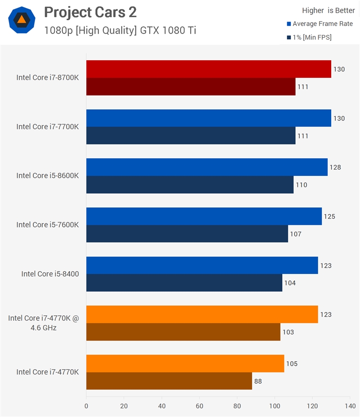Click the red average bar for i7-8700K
click(209, 69)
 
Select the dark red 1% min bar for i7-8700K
click(191, 87)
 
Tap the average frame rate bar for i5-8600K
click(207, 167)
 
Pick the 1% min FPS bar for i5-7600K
click(187, 234)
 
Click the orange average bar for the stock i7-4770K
click(185, 363)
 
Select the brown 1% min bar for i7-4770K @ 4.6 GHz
click(183, 332)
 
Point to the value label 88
click(258, 381)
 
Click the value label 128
click(335, 167)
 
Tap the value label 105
click(292, 363)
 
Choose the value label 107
click(296, 234)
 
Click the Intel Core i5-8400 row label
click(50, 274)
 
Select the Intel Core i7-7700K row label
click(48, 126)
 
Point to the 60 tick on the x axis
click(199, 406)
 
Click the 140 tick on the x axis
click(350, 406)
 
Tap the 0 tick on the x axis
click(86, 406)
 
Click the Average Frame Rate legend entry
click(320, 24)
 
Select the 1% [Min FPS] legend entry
click(309, 37)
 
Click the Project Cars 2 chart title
click(90, 12)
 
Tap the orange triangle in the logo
click(22, 19)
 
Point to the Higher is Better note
click(328, 10)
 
